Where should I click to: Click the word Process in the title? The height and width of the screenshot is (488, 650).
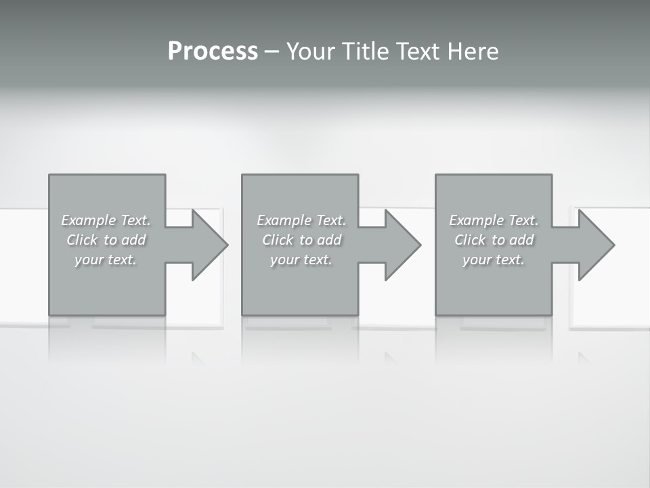coord(213,52)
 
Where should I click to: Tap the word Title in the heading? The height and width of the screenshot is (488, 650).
coord(364,52)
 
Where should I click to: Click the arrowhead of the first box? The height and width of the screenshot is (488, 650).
coord(210,245)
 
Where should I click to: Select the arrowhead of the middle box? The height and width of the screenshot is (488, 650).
coord(403,245)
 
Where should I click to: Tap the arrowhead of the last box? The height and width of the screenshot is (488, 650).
coord(596,245)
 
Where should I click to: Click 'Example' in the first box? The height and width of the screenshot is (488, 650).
coord(87,220)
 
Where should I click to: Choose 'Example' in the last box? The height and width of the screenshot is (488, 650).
coord(475,220)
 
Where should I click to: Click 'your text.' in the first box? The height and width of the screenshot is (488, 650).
coord(106,260)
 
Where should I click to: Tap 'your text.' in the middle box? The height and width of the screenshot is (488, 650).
coord(301,260)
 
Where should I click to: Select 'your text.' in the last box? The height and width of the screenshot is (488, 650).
coord(494,260)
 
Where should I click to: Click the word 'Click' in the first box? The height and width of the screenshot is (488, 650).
coord(81,240)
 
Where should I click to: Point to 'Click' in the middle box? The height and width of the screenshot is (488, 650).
coord(277,240)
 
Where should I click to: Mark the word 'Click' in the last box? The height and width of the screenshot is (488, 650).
coord(469,240)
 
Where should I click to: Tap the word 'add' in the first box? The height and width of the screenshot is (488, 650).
coord(134,240)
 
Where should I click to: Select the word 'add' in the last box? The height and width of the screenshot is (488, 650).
coord(522,240)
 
